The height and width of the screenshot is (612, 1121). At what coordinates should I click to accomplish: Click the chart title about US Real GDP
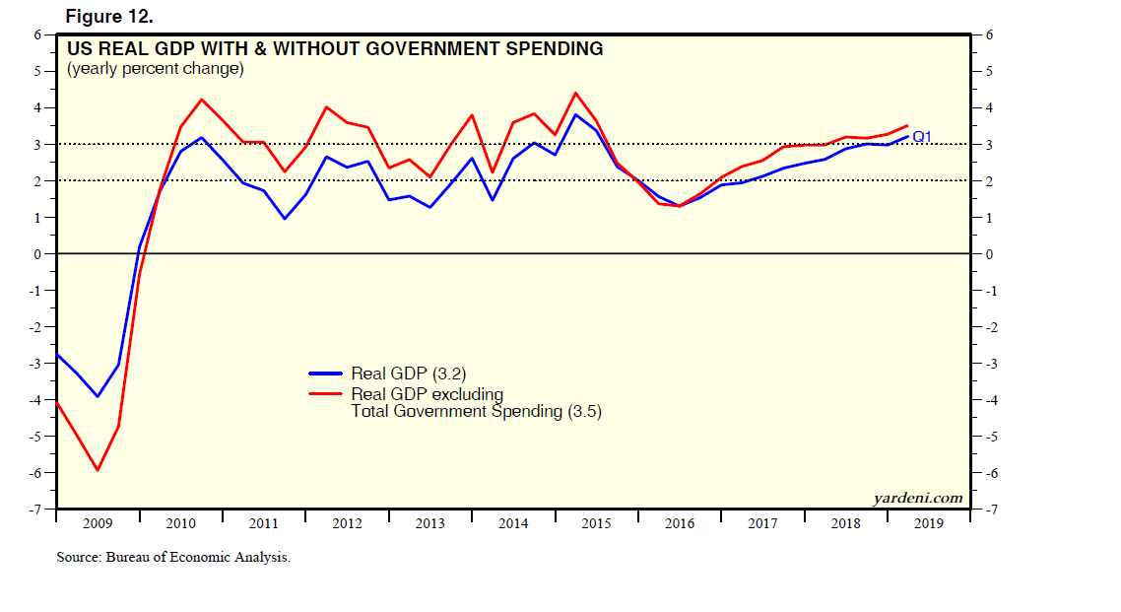pyautogui.click(x=335, y=48)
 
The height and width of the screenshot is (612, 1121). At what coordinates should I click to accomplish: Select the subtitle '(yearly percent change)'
pyautogui.click(x=155, y=70)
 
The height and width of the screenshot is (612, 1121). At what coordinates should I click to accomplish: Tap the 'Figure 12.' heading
pyautogui.click(x=109, y=17)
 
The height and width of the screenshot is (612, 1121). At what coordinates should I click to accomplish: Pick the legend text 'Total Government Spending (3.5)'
pyautogui.click(x=476, y=412)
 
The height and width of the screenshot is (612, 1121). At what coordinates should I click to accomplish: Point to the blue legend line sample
pyautogui.click(x=326, y=374)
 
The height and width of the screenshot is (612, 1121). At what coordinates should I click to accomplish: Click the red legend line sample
pyautogui.click(x=326, y=393)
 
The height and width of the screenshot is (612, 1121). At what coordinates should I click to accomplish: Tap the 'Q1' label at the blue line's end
pyautogui.click(x=922, y=136)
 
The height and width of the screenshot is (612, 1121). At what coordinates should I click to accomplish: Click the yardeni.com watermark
pyautogui.click(x=917, y=498)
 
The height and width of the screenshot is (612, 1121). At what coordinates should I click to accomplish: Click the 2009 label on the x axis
pyautogui.click(x=98, y=523)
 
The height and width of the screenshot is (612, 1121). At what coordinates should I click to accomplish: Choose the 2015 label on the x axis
pyautogui.click(x=596, y=523)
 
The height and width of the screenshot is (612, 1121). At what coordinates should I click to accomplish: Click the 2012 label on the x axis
pyautogui.click(x=347, y=523)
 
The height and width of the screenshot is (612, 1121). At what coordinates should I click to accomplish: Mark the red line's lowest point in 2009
pyautogui.click(x=98, y=470)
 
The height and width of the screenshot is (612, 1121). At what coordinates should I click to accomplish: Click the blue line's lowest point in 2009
pyautogui.click(x=98, y=396)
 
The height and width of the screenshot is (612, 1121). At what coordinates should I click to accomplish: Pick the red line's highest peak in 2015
pyautogui.click(x=575, y=93)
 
